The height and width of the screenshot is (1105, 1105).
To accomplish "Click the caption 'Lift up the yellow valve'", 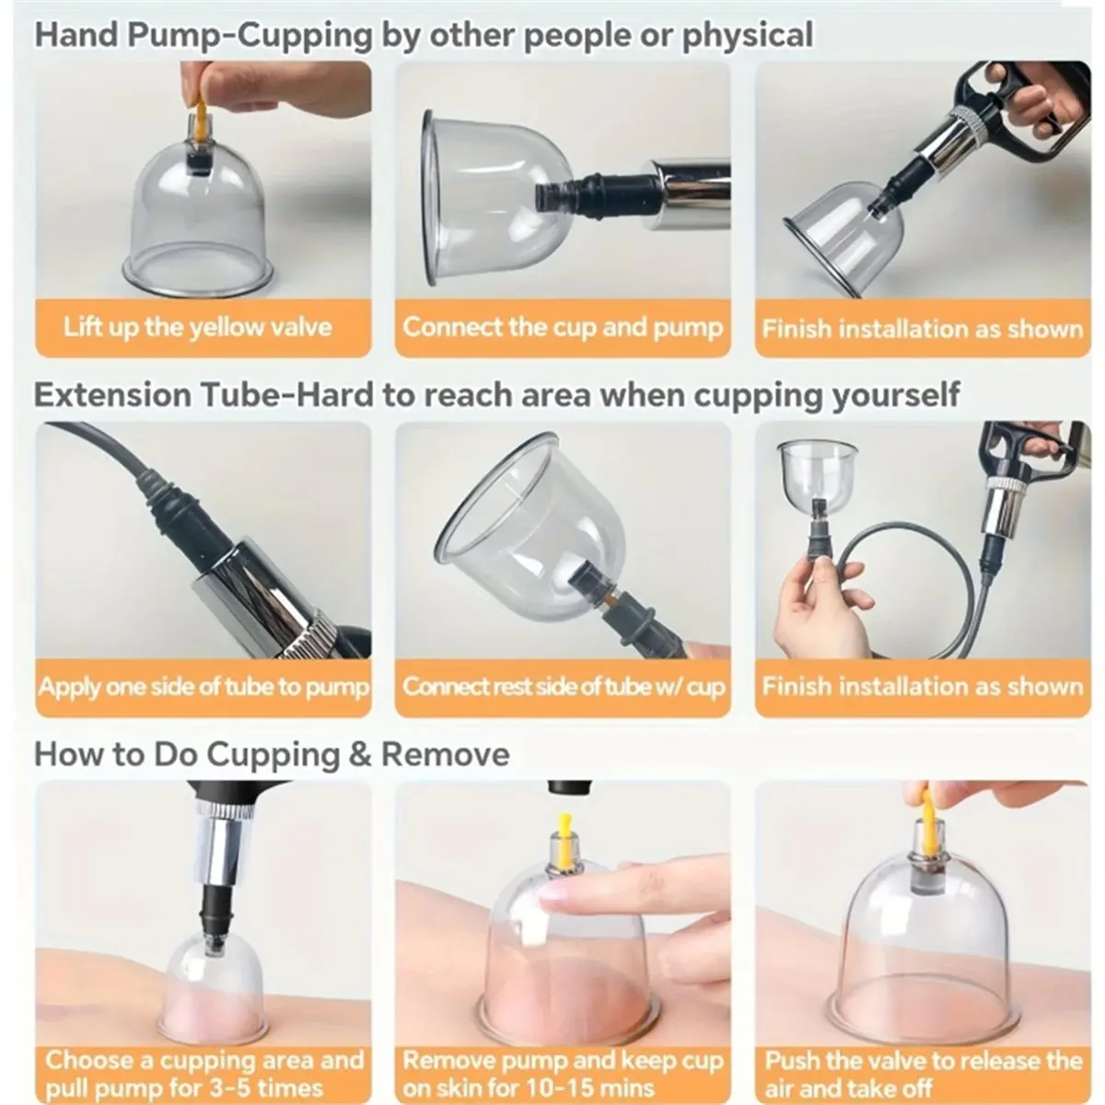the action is click(x=197, y=328).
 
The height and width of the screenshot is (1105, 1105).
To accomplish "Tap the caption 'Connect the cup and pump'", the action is click(x=563, y=328).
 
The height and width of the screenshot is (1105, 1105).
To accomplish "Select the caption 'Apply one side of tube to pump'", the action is click(x=204, y=687).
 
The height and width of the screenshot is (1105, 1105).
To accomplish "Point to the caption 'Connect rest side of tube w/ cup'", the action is click(x=564, y=687).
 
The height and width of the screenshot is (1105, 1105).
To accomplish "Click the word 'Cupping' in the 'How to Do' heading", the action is click(x=273, y=755).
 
